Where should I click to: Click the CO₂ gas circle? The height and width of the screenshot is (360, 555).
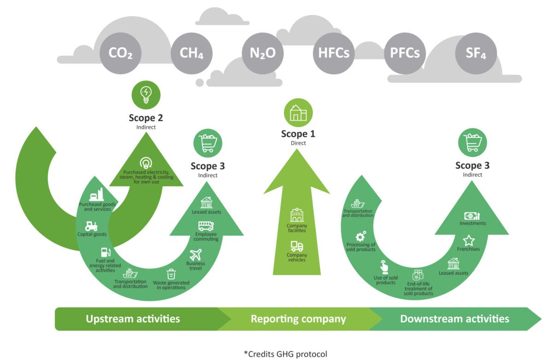121,53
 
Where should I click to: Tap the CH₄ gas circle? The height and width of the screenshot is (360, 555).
191,53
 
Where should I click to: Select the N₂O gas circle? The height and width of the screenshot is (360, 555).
262,53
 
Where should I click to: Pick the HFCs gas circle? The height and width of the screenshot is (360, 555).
334,53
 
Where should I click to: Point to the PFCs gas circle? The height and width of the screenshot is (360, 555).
405,53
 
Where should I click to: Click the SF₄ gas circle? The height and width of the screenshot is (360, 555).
475,53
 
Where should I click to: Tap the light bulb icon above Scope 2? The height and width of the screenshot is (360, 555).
146,95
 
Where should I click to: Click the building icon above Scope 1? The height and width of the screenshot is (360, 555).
298,113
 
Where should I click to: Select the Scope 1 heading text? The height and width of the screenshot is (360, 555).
298,134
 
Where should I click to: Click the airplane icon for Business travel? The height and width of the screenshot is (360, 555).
196,255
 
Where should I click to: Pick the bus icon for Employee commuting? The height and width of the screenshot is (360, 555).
205,226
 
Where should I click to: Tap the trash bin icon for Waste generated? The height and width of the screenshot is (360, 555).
171,274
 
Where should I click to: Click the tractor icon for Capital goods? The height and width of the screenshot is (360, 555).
91,226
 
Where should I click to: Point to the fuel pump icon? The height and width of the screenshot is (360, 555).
106,252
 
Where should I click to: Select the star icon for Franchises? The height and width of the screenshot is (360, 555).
468,240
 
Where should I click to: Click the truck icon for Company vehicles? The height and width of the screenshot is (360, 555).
297,247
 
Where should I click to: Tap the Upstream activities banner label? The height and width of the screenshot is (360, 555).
133,319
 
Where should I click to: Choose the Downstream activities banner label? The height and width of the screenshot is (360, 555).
455,319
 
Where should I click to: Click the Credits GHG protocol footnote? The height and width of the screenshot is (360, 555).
285,354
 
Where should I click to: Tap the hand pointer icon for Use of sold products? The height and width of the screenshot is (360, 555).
384,267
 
